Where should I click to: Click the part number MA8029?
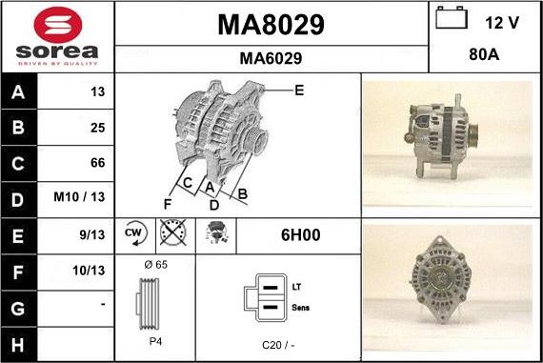coord(271,25)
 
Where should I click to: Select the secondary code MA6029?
coord(271,58)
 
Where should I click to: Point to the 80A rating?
coord(485,55)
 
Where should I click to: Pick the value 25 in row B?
coord(97,128)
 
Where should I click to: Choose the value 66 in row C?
coord(97,163)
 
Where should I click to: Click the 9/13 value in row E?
coord(94,234)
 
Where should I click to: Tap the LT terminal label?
coord(297,286)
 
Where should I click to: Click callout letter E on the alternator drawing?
coord(299,91)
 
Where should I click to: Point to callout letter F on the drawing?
coord(168,203)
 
